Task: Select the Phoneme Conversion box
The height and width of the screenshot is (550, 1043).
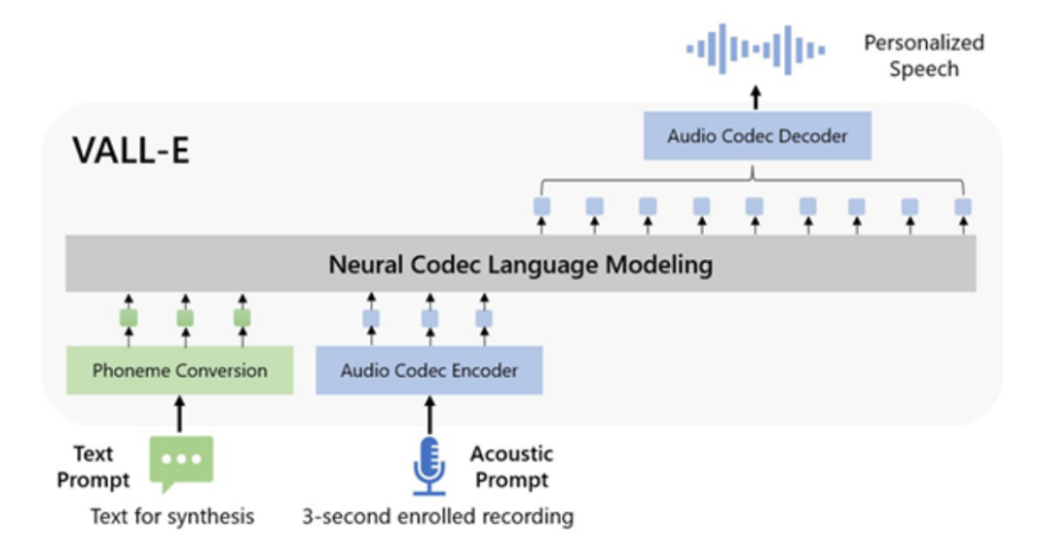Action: pos(180,370)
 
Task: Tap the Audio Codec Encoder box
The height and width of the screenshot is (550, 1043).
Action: pos(429,370)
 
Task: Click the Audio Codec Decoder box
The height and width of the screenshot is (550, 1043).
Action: pos(757,136)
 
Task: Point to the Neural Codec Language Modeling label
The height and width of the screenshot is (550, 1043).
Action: pos(521,264)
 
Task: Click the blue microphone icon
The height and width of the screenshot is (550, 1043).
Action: pos(429,466)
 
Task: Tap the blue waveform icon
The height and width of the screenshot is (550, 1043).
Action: pos(756,49)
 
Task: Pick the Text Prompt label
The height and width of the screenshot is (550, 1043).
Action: pos(93,467)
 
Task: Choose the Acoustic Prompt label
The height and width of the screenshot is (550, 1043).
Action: pos(511,467)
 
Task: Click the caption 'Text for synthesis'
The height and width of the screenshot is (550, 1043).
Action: pos(173,516)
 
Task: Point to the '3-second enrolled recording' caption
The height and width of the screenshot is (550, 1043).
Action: pos(438,516)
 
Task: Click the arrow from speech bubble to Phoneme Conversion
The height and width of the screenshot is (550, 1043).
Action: pos(180,413)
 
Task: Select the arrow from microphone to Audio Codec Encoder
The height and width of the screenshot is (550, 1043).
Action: pos(429,413)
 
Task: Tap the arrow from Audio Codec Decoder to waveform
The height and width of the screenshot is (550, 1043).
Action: pos(756,98)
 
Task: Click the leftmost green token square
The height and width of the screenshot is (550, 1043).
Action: pos(128,318)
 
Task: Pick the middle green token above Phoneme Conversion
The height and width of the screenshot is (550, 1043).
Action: pos(185,318)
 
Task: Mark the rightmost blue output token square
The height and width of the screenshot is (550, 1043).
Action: pos(962,207)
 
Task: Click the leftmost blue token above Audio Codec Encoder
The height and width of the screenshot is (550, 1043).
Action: pos(372,318)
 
